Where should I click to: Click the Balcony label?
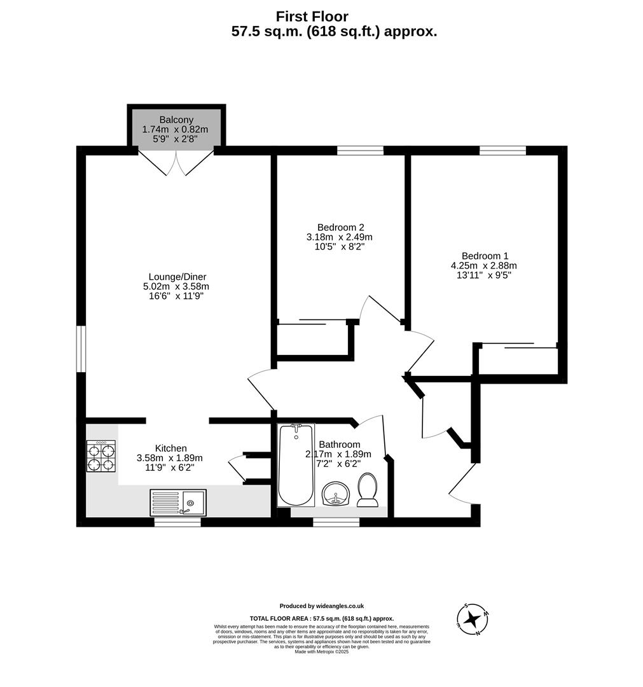point(176,120)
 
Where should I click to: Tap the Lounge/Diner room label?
point(177,277)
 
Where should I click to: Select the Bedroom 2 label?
point(340,227)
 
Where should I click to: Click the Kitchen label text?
point(170,448)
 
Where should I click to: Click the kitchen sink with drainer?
point(178,503)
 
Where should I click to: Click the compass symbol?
point(472,618)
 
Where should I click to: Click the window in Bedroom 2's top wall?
point(360,151)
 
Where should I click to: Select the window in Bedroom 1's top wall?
point(502,151)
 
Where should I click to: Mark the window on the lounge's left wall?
point(81,349)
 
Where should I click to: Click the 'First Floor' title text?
point(312,17)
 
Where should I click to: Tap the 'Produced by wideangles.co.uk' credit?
point(321,606)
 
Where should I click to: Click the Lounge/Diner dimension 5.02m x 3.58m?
point(176,286)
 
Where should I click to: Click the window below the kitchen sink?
point(177,522)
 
